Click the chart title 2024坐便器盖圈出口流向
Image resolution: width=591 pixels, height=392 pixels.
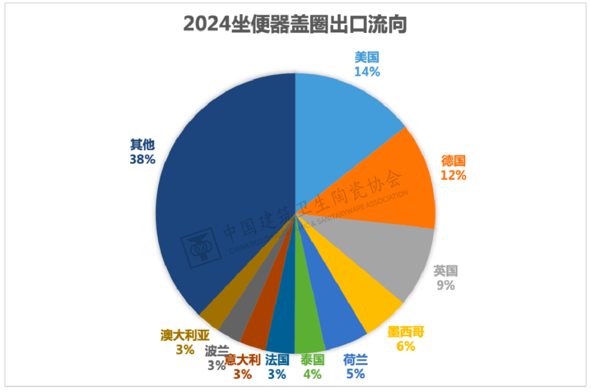(295, 25)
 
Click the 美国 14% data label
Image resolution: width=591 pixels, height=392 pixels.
(367, 64)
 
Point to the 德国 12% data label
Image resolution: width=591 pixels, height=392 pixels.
(453, 168)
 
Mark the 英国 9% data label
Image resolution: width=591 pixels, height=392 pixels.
(445, 278)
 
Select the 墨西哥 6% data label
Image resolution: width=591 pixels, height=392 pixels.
(406, 339)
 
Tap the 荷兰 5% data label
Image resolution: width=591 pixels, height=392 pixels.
(355, 367)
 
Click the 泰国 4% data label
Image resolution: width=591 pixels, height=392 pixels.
(312, 367)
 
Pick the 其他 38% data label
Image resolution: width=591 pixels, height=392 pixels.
(143, 152)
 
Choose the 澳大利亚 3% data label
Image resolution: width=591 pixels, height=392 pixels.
(185, 342)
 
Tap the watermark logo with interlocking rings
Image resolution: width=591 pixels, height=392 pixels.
(200, 249)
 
